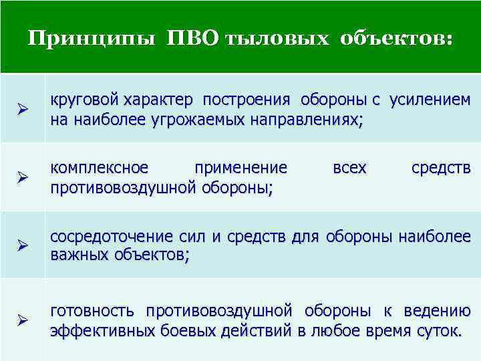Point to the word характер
click(x=159, y=101)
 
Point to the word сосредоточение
click(x=113, y=237)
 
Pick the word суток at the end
click(x=435, y=331)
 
